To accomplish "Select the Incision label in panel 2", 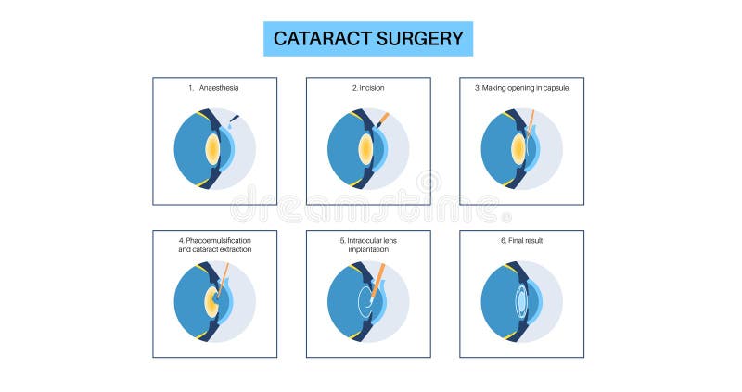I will coord(372,88).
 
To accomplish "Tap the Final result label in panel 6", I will coord(525,241).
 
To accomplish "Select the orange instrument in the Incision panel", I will coord(381,120).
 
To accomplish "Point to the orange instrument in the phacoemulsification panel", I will coord(225,274).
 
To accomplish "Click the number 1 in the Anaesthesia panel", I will coord(189,88).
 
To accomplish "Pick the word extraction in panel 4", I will coord(231,250).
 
